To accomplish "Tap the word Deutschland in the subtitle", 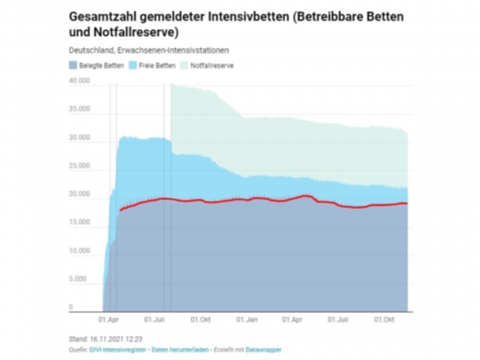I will coord(90,50).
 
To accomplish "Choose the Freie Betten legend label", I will coord(158,66).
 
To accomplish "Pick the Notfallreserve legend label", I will coord(214,66).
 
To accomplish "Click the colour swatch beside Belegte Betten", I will coord(74,66).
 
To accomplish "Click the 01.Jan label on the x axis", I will coord(248,318).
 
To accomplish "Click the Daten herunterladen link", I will coord(180,350).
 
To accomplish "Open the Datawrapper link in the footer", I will coord(266,350).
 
